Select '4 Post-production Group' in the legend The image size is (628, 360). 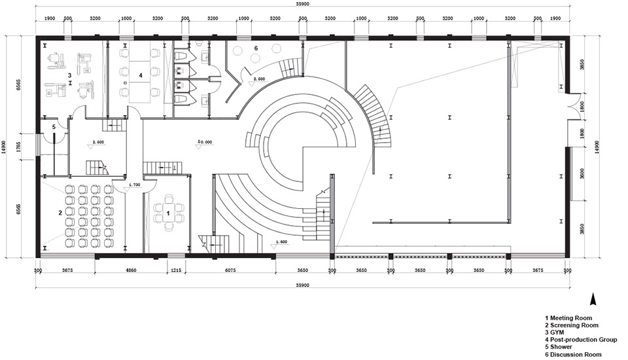[x=580, y=340]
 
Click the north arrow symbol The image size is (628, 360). [x=593, y=299]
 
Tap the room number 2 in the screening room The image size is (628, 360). [x=60, y=213]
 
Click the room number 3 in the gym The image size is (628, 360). [x=69, y=76]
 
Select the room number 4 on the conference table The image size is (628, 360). [x=139, y=75]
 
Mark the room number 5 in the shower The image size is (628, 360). [x=54, y=126]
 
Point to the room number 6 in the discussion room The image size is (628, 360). [x=256, y=48]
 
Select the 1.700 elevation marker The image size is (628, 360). [x=133, y=185]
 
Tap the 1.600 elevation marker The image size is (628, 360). [x=281, y=242]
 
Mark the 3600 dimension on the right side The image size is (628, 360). [x=582, y=174]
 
